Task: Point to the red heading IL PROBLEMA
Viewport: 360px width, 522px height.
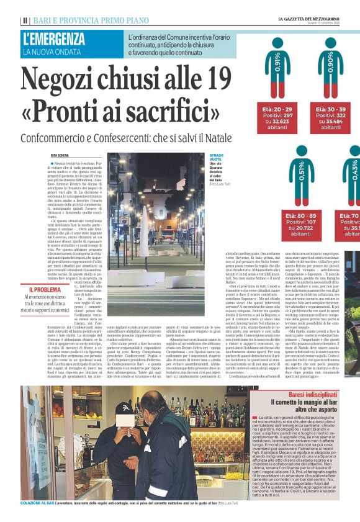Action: click(45, 289)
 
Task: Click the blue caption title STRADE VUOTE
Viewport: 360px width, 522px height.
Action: click(217, 158)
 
